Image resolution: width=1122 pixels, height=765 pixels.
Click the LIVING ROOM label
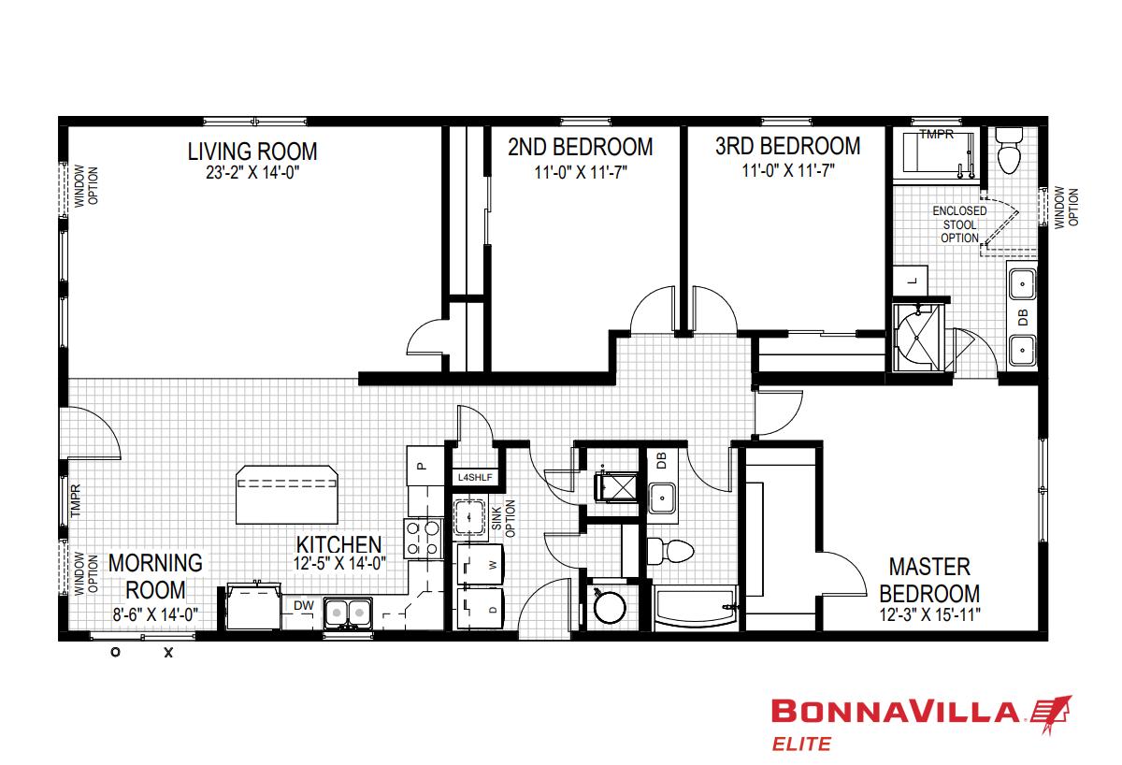click(252, 152)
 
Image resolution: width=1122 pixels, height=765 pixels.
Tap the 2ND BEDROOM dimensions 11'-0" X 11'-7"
click(581, 172)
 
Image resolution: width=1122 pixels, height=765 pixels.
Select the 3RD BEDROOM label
click(788, 146)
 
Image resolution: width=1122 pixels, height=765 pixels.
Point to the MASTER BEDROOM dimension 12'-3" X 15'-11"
click(930, 614)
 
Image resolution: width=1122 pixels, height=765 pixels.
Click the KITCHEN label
click(339, 544)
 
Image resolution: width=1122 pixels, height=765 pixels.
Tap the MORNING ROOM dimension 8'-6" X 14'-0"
click(155, 614)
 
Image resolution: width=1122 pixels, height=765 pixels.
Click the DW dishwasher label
click(304, 605)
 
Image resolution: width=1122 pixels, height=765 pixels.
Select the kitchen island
click(287, 495)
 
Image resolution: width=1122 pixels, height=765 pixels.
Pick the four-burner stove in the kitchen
click(424, 539)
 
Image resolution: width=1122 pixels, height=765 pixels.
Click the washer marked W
click(481, 565)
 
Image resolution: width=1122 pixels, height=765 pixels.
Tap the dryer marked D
click(481, 609)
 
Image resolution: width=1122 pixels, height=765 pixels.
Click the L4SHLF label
click(475, 478)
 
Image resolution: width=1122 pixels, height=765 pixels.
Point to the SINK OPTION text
click(503, 518)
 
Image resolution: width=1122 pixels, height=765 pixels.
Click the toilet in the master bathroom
click(1008, 150)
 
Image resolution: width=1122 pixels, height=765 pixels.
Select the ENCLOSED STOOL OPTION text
click(959, 224)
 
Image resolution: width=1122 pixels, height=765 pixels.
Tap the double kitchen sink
click(348, 613)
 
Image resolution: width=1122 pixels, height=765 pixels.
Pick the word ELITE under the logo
click(801, 744)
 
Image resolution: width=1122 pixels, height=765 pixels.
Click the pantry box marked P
click(424, 466)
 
